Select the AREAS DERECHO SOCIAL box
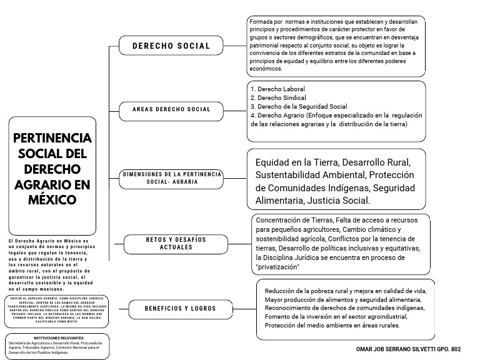tap(171, 109)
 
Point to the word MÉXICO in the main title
tap(52, 200)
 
